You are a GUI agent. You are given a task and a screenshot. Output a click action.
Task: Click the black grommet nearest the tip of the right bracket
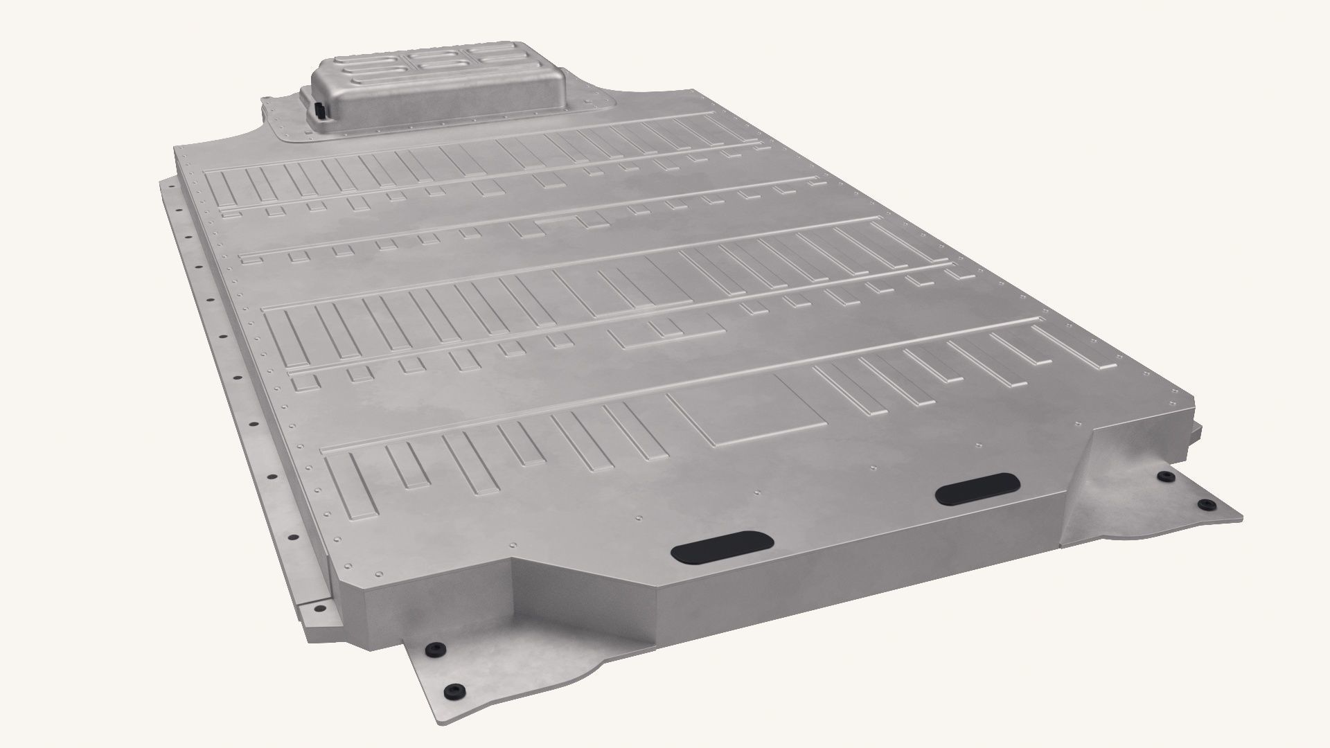click(1205, 503)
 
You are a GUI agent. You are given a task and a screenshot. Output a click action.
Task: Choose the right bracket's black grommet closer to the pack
click(1165, 477)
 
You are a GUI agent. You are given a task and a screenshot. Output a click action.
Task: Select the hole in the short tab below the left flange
click(320, 607)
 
